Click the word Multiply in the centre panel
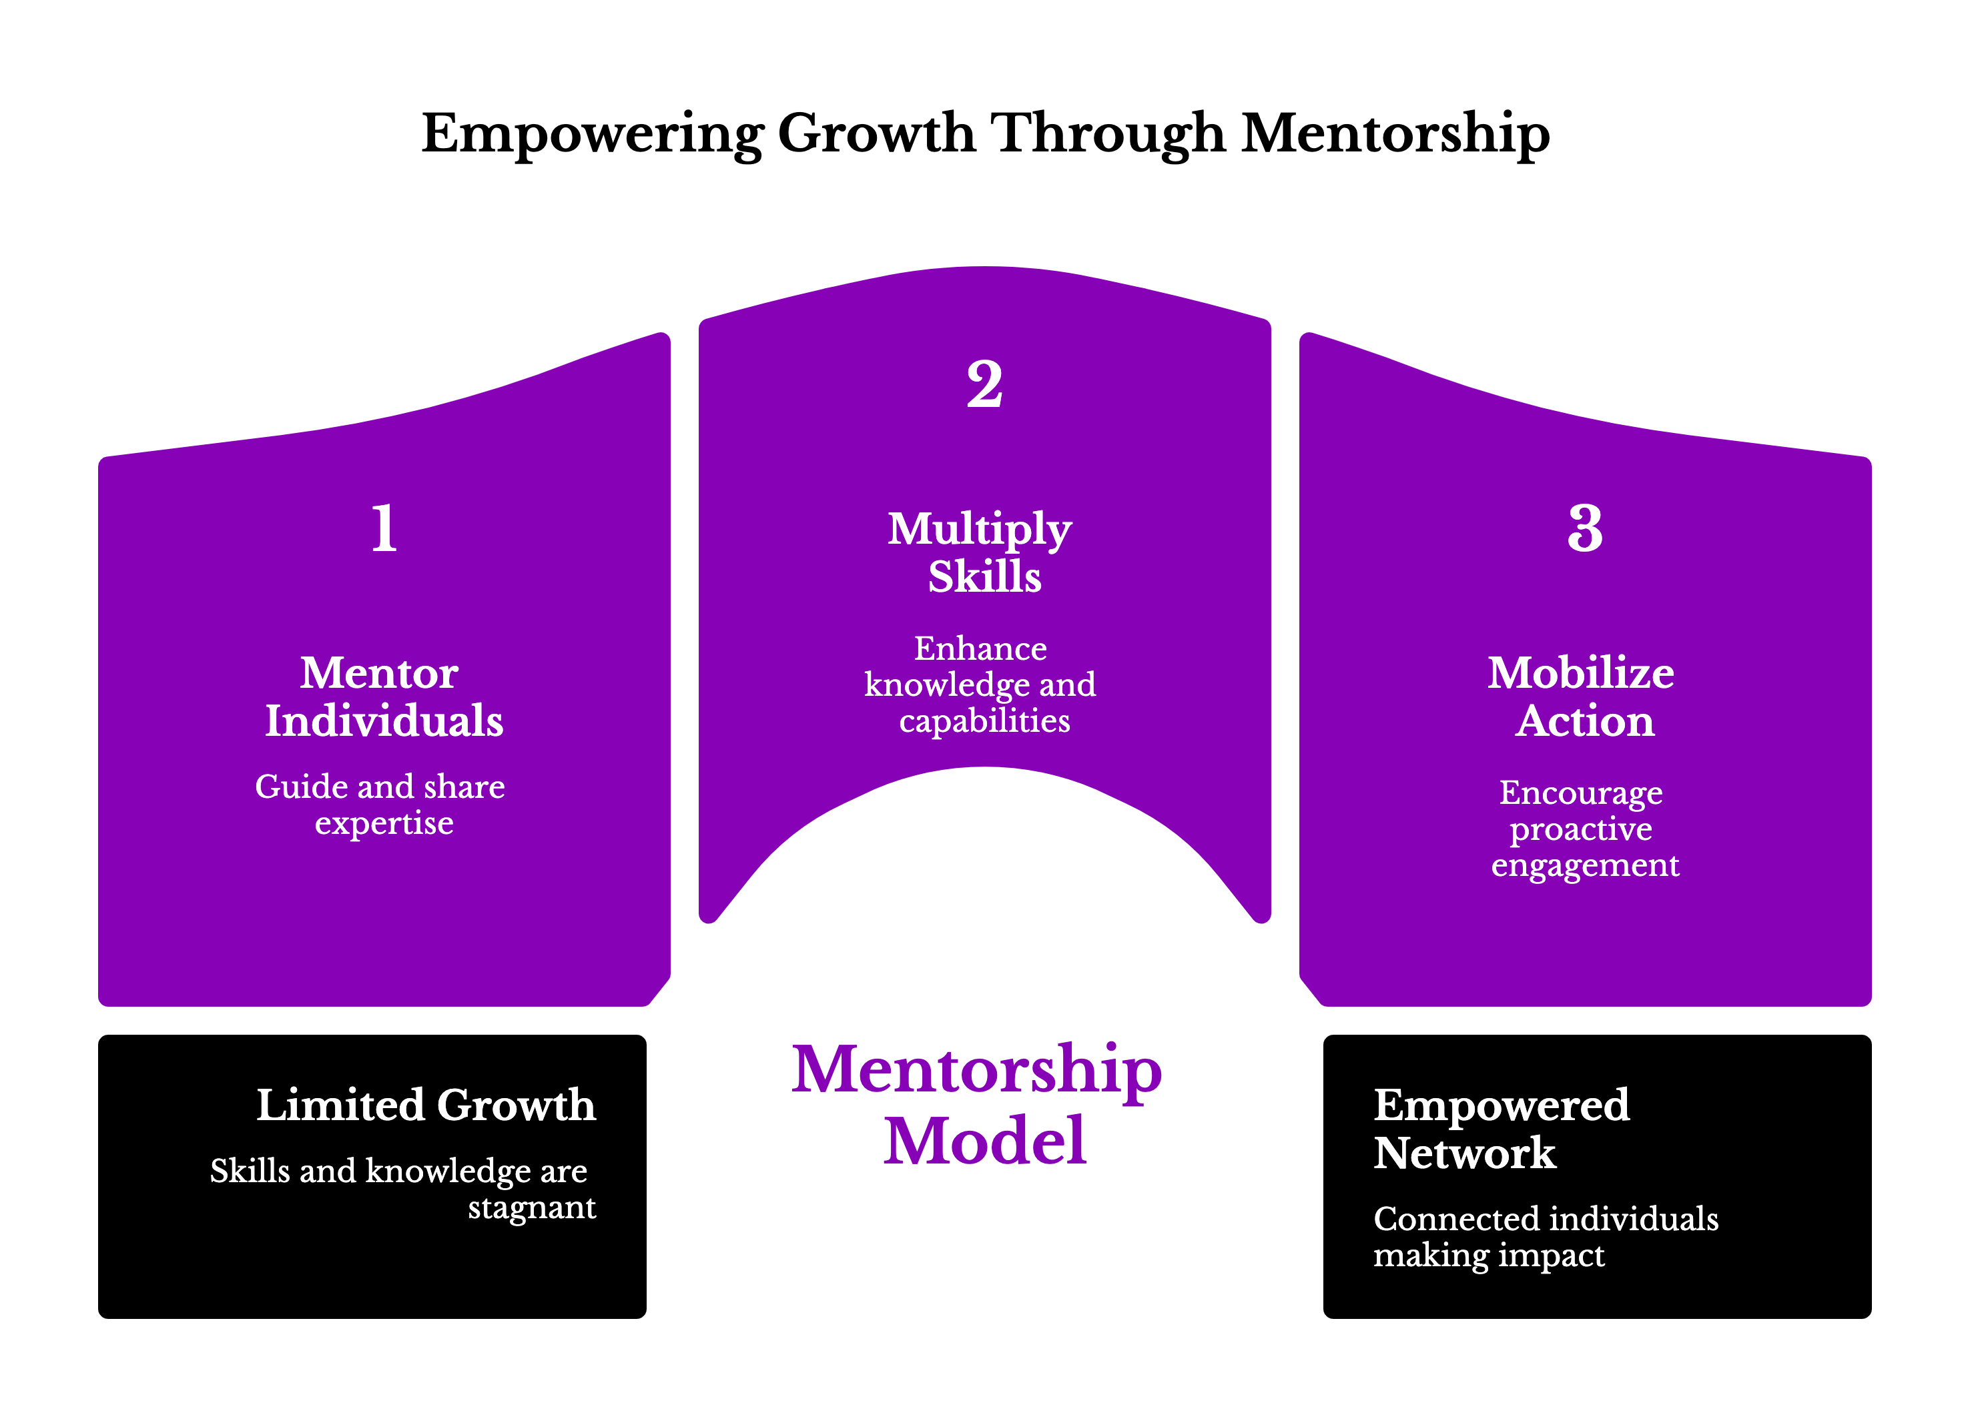(x=979, y=530)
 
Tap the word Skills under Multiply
(x=984, y=576)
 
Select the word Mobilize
(x=1581, y=673)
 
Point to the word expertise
(x=384, y=823)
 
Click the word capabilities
(x=984, y=721)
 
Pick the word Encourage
(x=1581, y=793)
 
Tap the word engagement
(x=1585, y=866)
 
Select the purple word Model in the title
(x=984, y=1141)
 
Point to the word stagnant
(x=532, y=1208)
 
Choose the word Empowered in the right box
(x=1501, y=1105)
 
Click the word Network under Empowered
(x=1464, y=1153)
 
